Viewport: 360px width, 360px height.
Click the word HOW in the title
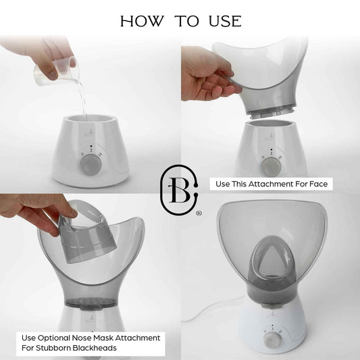click(x=142, y=21)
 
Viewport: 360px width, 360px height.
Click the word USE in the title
click(x=225, y=21)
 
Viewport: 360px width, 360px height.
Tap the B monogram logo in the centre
click(x=179, y=190)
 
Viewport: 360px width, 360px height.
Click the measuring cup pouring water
click(x=56, y=71)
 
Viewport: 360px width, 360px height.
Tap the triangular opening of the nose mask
click(x=272, y=259)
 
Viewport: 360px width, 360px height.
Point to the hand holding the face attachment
click(x=208, y=74)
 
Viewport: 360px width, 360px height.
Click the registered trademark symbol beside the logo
click(x=199, y=213)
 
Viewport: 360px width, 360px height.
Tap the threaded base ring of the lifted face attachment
click(x=271, y=111)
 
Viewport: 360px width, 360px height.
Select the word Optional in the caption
click(x=53, y=338)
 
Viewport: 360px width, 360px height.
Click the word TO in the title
click(x=186, y=21)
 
